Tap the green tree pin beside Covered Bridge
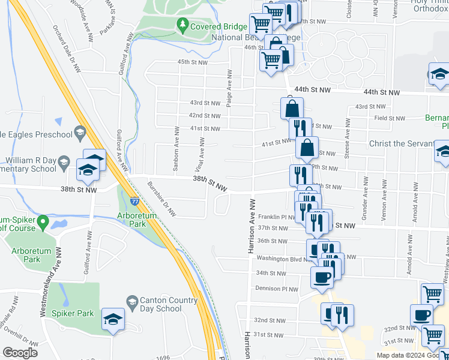click(182, 25)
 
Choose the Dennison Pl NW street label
click(277, 289)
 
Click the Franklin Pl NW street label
click(276, 217)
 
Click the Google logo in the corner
click(20, 353)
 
